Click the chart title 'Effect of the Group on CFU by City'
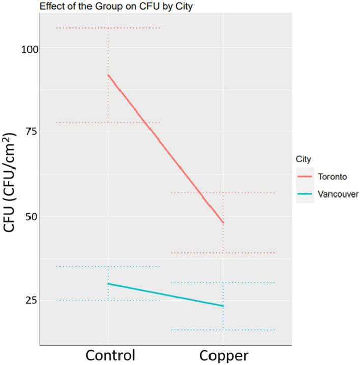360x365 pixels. coord(97,6)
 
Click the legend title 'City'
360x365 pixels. coord(304,159)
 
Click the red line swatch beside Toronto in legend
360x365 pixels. coord(306,177)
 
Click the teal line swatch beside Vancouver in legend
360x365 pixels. coord(306,194)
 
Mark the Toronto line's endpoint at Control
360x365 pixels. coord(108,75)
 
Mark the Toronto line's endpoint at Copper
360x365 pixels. coord(223,223)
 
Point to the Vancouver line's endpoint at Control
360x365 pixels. coord(108,283)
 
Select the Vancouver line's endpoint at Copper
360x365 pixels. coord(223,306)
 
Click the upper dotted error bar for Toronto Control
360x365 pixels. coord(108,28)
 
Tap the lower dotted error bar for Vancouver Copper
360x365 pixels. coord(223,330)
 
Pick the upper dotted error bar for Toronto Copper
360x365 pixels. coord(223,192)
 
